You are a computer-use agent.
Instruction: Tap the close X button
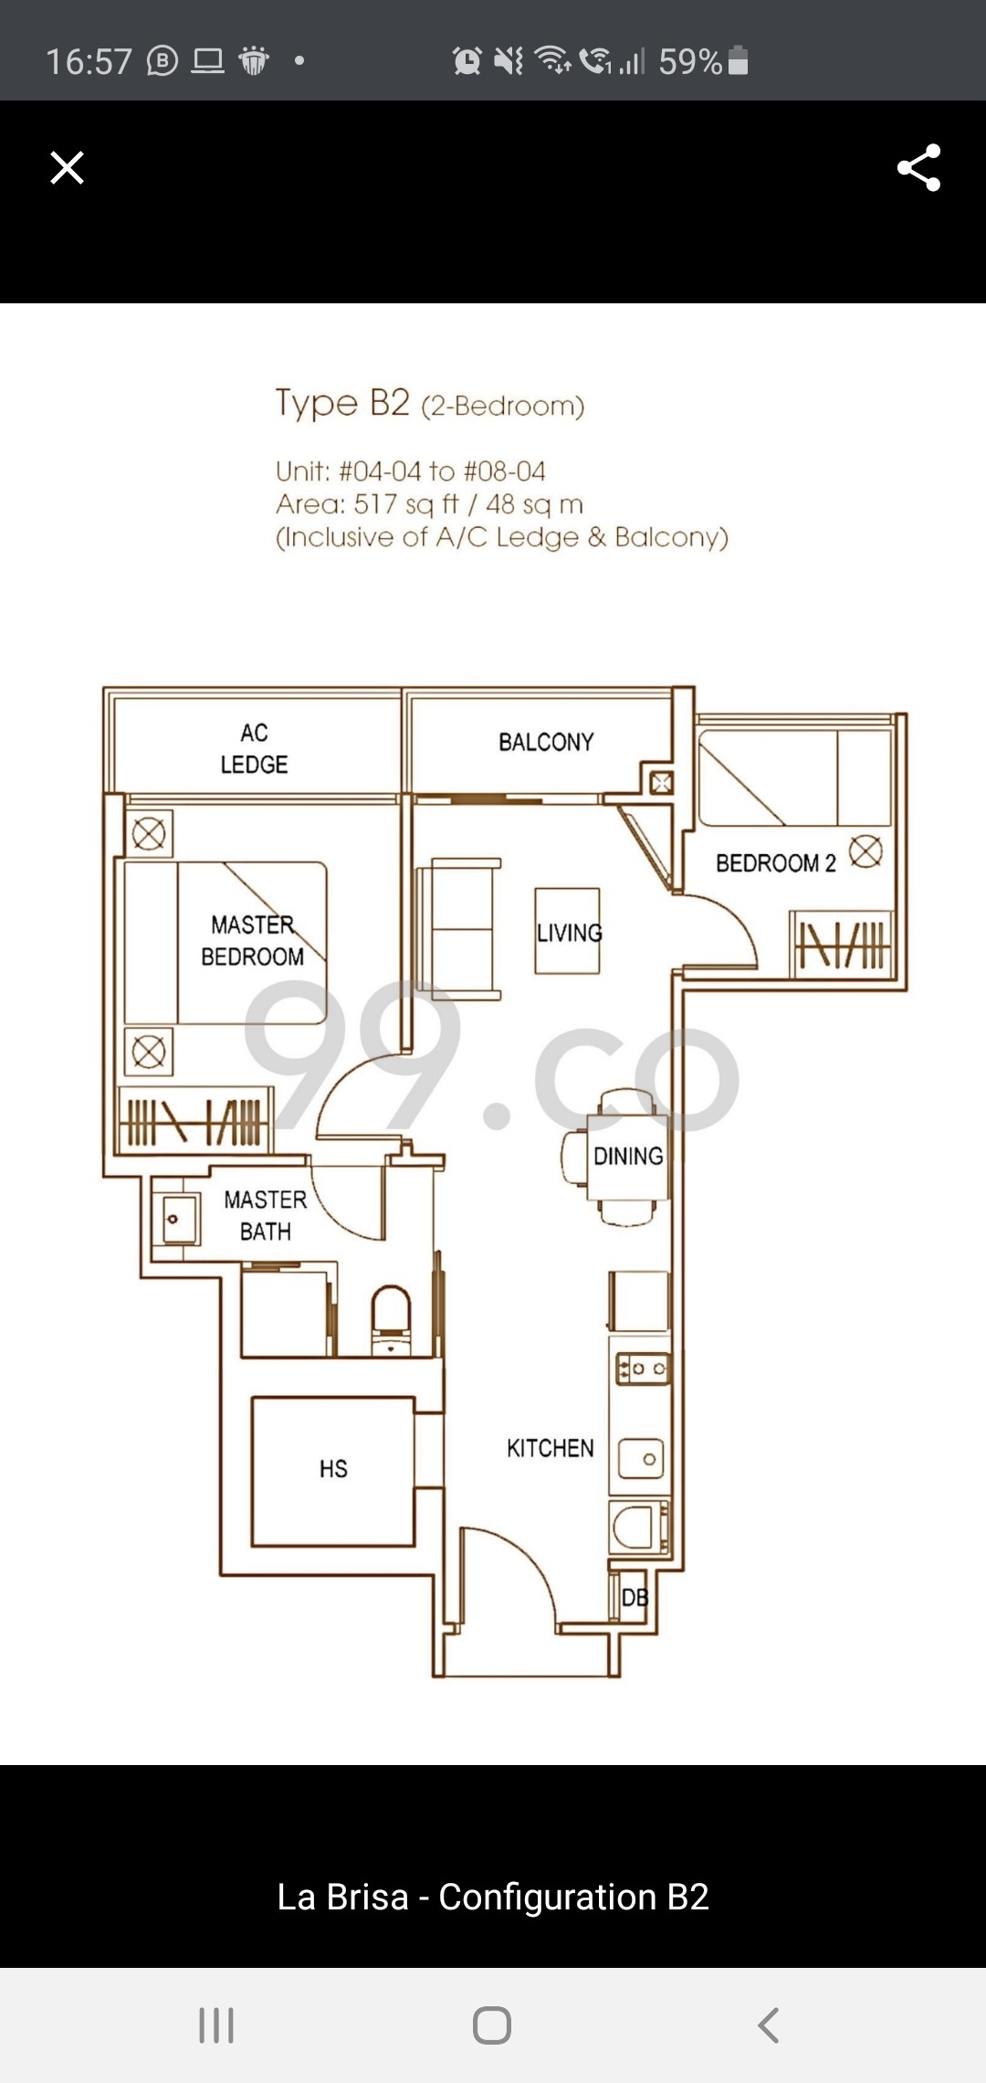pos(67,168)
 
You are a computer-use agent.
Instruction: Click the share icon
pos(919,167)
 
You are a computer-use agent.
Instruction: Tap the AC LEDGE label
pos(254,748)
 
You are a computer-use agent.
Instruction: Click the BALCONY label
pos(546,742)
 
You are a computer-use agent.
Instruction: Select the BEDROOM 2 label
pos(776,863)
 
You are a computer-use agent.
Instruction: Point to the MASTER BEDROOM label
pos(253,941)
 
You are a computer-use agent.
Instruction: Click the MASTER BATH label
pos(266,1215)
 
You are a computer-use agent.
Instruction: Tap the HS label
pos(333,1468)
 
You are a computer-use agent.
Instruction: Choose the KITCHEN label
pos(551,1448)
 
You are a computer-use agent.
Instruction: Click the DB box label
pos(635,1597)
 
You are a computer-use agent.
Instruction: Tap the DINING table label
pos(628,1156)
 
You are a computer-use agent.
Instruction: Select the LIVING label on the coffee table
pos(570,933)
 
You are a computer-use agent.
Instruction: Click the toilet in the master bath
pos(392,1319)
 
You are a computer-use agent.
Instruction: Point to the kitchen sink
pos(642,1459)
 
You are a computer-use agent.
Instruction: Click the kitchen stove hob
pos(643,1369)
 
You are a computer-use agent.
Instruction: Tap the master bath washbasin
pos(180,1218)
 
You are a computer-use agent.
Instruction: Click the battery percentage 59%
pos(690,61)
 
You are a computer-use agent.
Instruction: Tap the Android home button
pos(492,2025)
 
